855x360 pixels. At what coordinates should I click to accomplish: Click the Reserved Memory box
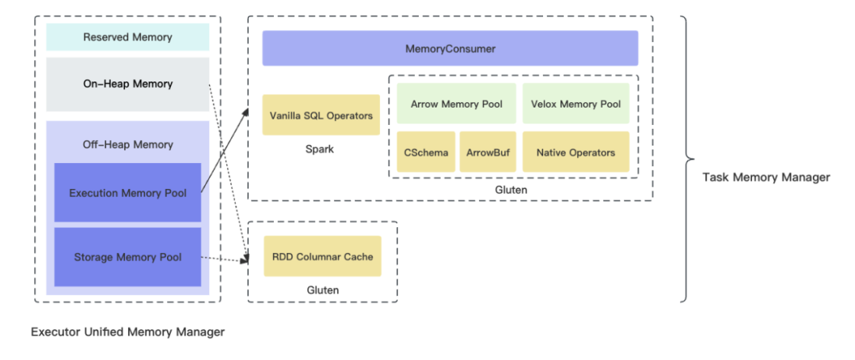127,37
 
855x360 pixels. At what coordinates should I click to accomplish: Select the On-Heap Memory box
127,84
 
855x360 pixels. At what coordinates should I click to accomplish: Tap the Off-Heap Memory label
127,145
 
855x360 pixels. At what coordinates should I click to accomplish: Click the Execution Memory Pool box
127,193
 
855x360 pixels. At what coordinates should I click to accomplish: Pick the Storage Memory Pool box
127,257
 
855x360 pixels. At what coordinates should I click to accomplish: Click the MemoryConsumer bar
450,49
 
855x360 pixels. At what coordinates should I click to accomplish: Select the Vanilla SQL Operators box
321,116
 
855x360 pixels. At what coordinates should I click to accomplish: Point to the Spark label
321,149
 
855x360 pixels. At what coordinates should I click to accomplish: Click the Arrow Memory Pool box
456,104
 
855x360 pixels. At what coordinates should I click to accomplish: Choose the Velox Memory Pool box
576,104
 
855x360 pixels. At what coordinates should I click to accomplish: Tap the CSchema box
425,153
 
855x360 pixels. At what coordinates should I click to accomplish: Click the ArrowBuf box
488,153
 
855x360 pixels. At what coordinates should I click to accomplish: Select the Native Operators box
576,153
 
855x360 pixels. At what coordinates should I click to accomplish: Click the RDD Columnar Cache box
322,256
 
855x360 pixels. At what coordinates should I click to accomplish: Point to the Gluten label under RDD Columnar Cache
322,290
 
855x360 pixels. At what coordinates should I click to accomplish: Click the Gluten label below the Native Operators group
511,190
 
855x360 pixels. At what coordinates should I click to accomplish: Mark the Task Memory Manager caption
766,177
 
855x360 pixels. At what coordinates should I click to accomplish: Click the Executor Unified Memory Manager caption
127,332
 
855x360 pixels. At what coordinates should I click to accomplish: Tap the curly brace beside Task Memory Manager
686,158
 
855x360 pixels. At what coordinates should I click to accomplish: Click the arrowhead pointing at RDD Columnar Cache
245,260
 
